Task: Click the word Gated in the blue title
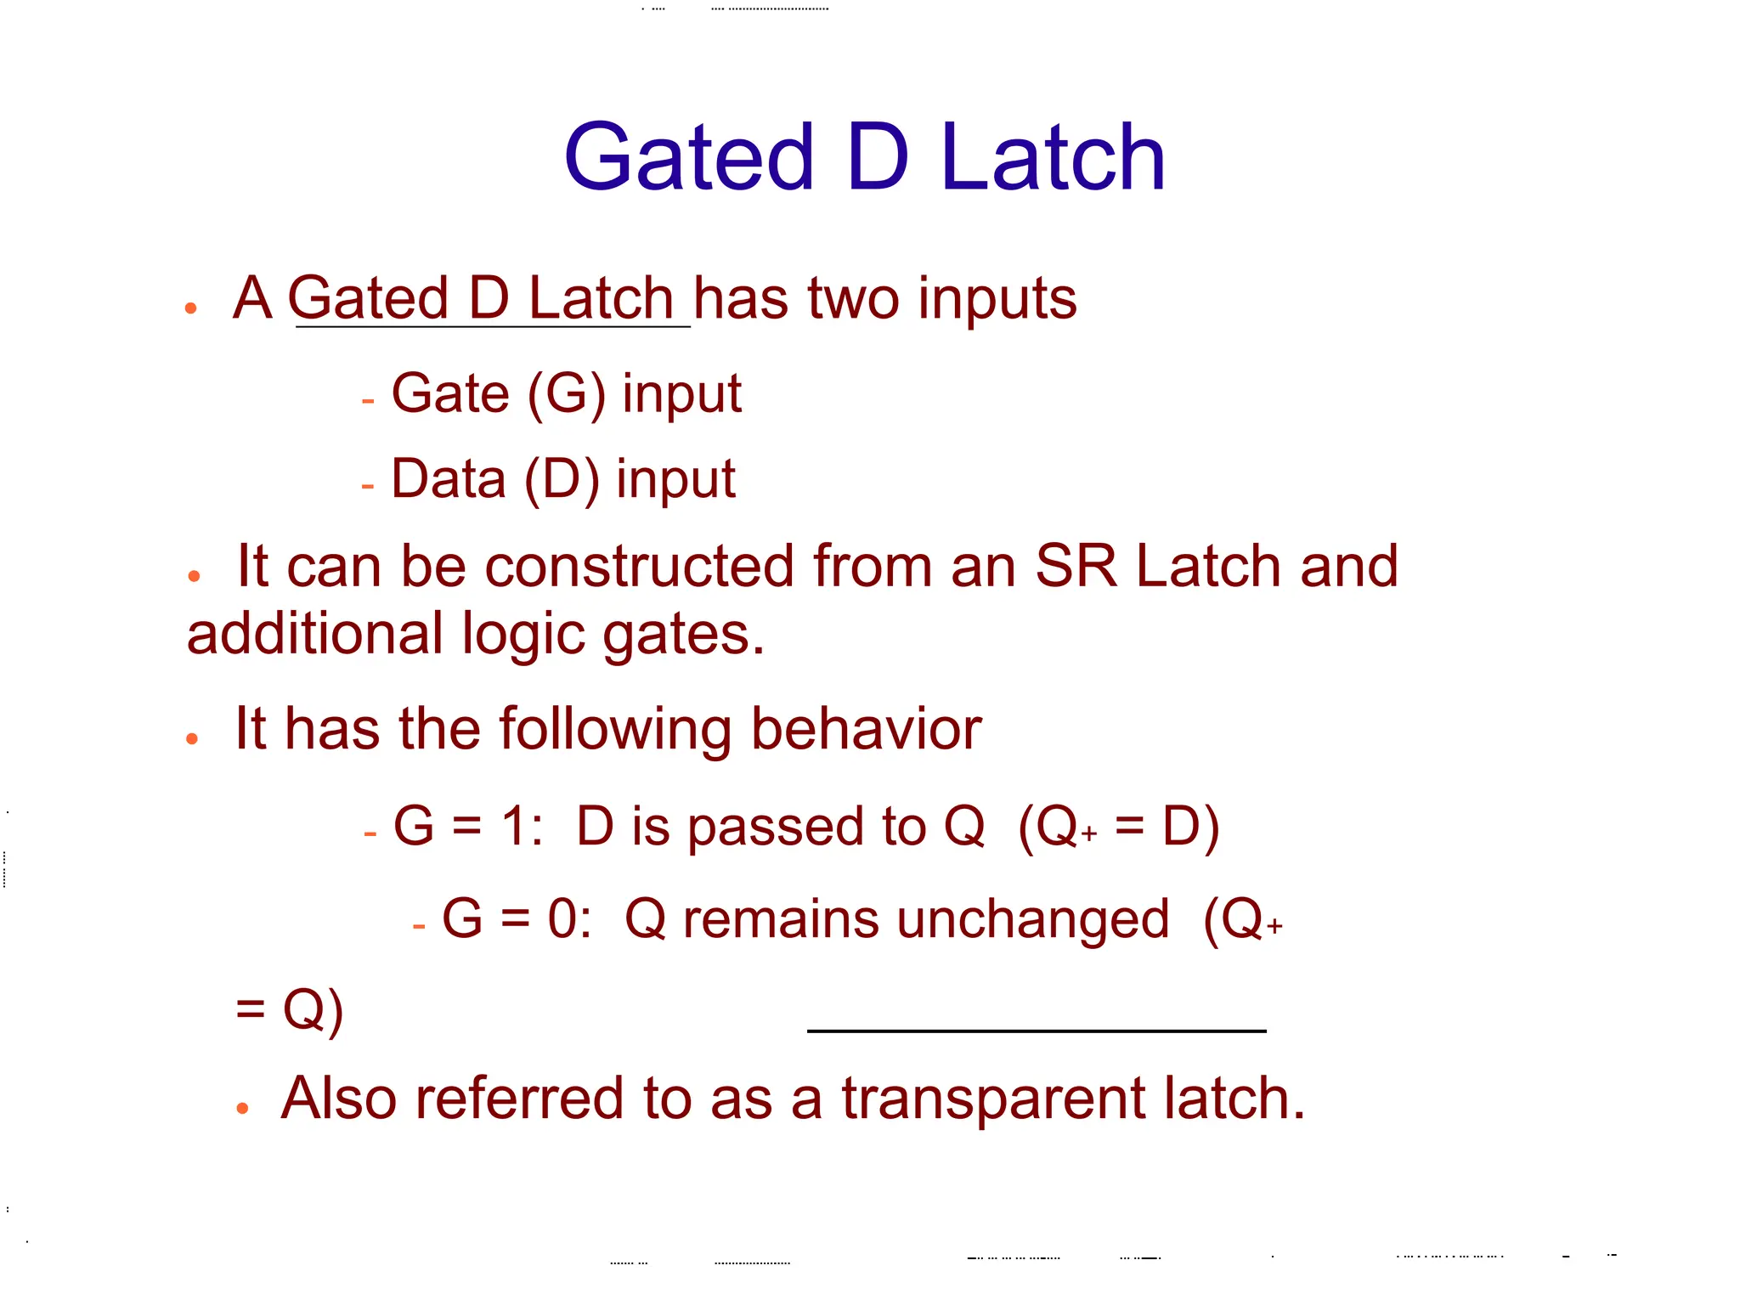(x=689, y=157)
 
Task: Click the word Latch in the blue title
(x=1053, y=157)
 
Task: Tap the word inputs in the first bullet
(x=997, y=301)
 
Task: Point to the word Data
(x=448, y=478)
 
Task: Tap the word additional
(x=315, y=634)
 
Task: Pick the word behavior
(x=866, y=729)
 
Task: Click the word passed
(x=777, y=827)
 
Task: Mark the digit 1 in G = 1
(x=513, y=826)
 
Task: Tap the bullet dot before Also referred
(x=243, y=1108)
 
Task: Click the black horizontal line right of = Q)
(x=1036, y=1031)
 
